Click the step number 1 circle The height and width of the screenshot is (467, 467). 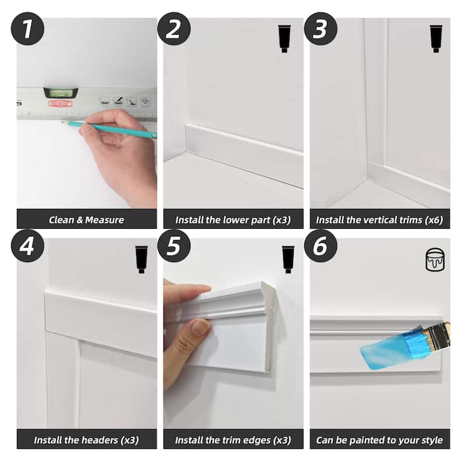click(x=27, y=29)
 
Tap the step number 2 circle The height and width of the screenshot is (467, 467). click(x=174, y=29)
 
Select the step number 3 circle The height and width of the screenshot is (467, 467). click(x=320, y=29)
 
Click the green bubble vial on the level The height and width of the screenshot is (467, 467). click(x=60, y=92)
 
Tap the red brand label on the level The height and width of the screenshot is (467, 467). click(x=60, y=103)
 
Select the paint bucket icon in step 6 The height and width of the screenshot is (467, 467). click(x=435, y=259)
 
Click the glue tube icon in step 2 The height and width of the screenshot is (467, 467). click(x=284, y=39)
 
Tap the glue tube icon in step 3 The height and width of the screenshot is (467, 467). click(x=435, y=39)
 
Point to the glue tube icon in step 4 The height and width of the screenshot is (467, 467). click(x=141, y=259)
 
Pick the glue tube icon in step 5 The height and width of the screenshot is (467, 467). click(x=288, y=259)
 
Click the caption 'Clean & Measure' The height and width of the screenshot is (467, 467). click(x=86, y=220)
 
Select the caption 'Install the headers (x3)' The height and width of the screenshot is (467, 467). click(x=86, y=440)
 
